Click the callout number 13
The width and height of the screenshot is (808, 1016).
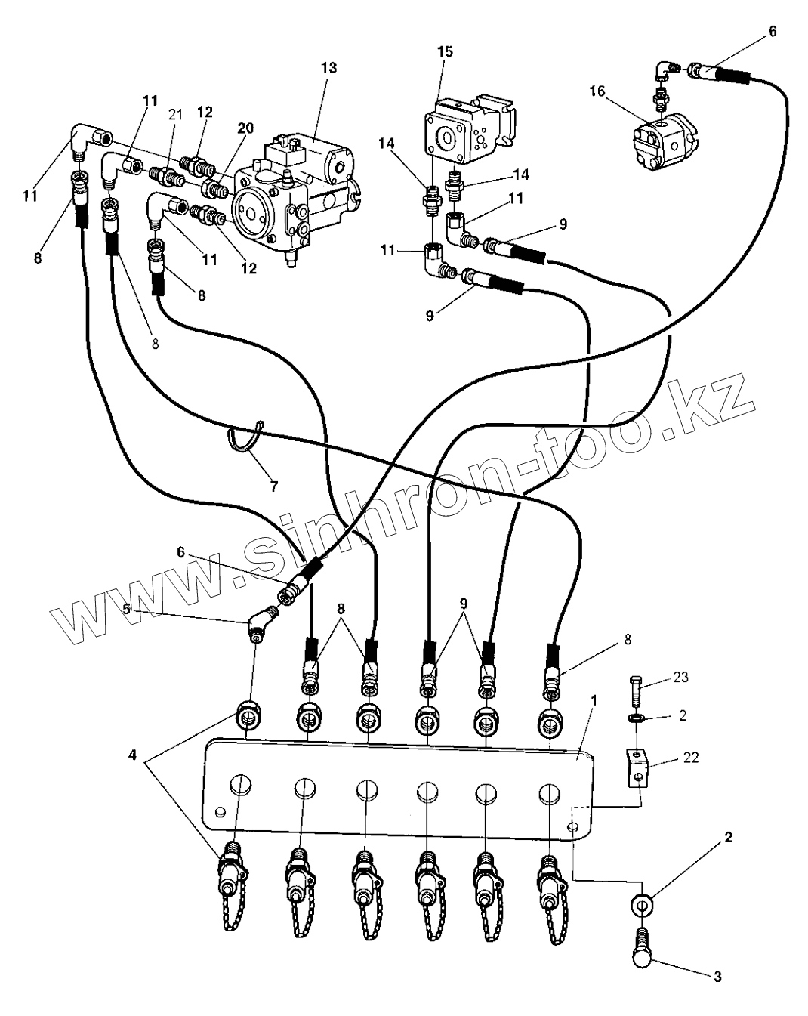[x=329, y=68]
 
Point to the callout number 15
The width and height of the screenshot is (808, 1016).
[x=445, y=51]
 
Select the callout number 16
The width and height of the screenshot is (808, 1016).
[x=597, y=91]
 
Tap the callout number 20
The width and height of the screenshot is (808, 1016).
[x=245, y=128]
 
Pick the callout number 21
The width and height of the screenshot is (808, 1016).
[x=175, y=115]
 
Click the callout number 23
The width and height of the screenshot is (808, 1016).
[x=680, y=677]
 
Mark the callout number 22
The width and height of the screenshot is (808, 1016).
[x=690, y=757]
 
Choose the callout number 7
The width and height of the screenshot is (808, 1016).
[x=273, y=486]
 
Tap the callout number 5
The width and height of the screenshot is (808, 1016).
[x=126, y=609]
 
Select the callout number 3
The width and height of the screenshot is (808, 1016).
[x=717, y=987]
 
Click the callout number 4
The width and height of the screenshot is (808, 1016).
[x=133, y=756]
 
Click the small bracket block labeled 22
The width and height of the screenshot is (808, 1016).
[x=637, y=767]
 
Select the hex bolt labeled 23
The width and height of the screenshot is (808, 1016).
[x=635, y=690]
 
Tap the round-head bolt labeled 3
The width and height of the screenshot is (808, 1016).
[x=641, y=953]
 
